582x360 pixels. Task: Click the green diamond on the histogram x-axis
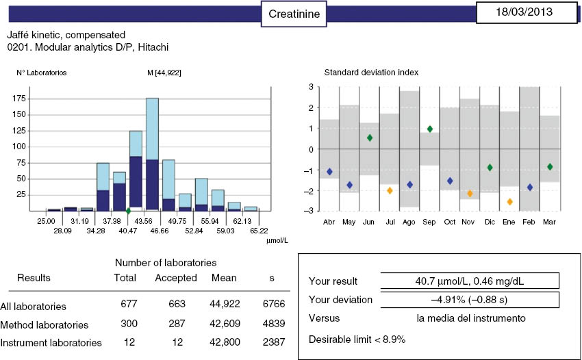tap(128, 211)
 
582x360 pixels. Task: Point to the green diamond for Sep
tap(429, 129)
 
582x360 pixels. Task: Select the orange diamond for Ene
tap(509, 202)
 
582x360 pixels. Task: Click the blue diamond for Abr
tap(330, 172)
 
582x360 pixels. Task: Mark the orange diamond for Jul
tap(390, 190)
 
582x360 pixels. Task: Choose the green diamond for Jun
tap(370, 138)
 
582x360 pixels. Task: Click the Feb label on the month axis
tap(529, 222)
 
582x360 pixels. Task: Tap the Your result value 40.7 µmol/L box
tap(469, 281)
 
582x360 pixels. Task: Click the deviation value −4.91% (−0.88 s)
tap(469, 299)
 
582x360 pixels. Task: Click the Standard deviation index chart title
tap(371, 73)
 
